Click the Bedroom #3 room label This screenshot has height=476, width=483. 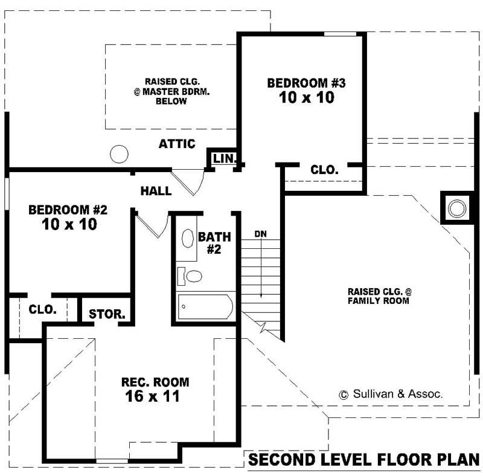306,83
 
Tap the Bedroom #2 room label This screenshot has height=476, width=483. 68,210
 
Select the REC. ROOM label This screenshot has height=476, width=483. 155,382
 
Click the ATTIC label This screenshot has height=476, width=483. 177,144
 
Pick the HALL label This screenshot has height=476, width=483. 156,191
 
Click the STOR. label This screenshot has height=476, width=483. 107,314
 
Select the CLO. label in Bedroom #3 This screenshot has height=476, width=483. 324,170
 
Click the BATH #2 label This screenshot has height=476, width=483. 210,242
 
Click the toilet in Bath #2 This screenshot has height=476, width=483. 192,277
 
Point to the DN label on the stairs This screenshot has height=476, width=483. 260,233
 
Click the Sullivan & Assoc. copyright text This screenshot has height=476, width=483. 391,394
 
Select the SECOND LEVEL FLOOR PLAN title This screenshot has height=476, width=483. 364,460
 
